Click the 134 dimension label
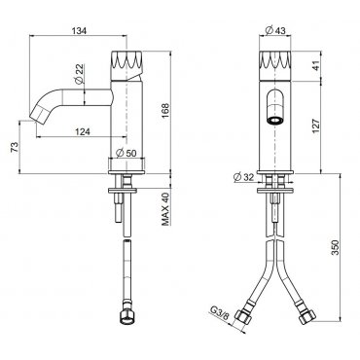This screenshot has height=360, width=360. click(x=79, y=31)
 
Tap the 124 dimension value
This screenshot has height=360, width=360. click(x=83, y=131)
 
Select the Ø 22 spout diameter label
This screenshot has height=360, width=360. click(x=79, y=75)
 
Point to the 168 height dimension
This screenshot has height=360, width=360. click(x=165, y=111)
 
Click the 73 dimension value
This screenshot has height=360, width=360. click(x=15, y=147)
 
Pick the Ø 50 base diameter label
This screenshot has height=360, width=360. click(x=126, y=153)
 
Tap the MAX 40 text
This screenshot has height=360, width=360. click(x=165, y=209)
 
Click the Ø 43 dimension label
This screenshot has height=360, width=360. click(x=275, y=31)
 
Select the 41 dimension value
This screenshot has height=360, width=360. click(x=316, y=66)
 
